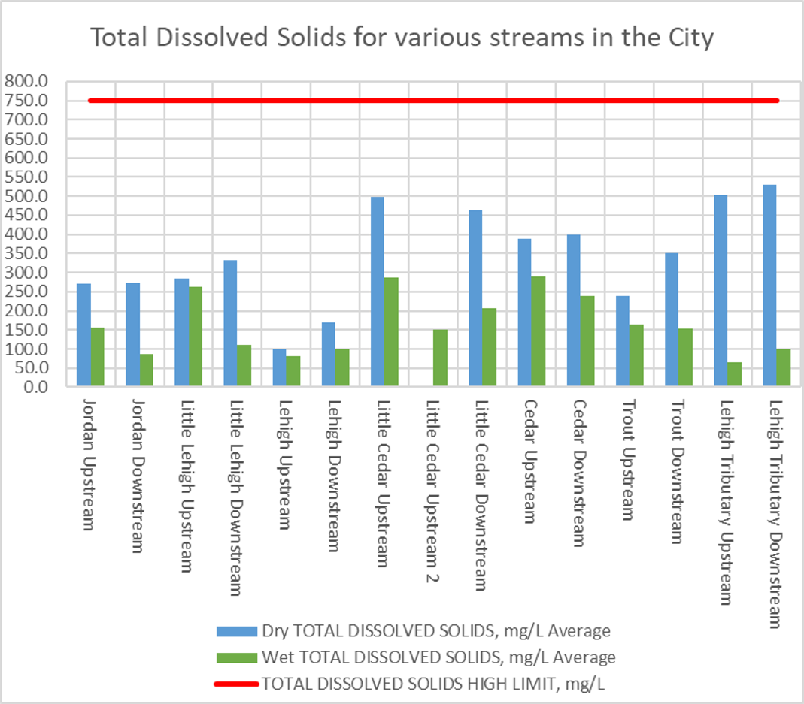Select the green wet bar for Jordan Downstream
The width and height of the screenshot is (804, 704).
tap(146, 370)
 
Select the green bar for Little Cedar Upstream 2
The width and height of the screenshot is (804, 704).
tap(440, 358)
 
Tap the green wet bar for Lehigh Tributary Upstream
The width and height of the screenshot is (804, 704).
tap(734, 374)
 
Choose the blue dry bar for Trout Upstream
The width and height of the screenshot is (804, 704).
tap(623, 341)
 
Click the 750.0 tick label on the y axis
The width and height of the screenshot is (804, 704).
tap(26, 101)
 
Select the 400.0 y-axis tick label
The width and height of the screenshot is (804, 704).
tap(26, 234)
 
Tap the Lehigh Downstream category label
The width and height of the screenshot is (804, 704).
tap(330, 473)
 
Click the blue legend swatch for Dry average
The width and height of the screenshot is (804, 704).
tap(237, 630)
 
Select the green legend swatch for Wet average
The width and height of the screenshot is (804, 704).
tap(237, 657)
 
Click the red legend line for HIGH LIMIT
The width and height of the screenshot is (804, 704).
tap(237, 684)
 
